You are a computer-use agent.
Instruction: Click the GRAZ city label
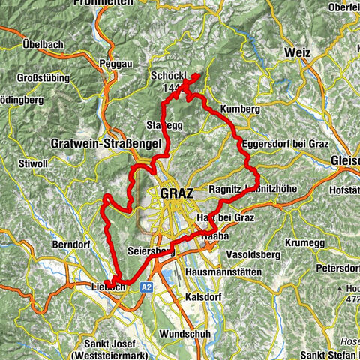[176, 193]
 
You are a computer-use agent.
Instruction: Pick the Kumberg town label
[239, 109]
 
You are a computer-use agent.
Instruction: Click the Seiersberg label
[151, 252]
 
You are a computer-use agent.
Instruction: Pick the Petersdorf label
[334, 267]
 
